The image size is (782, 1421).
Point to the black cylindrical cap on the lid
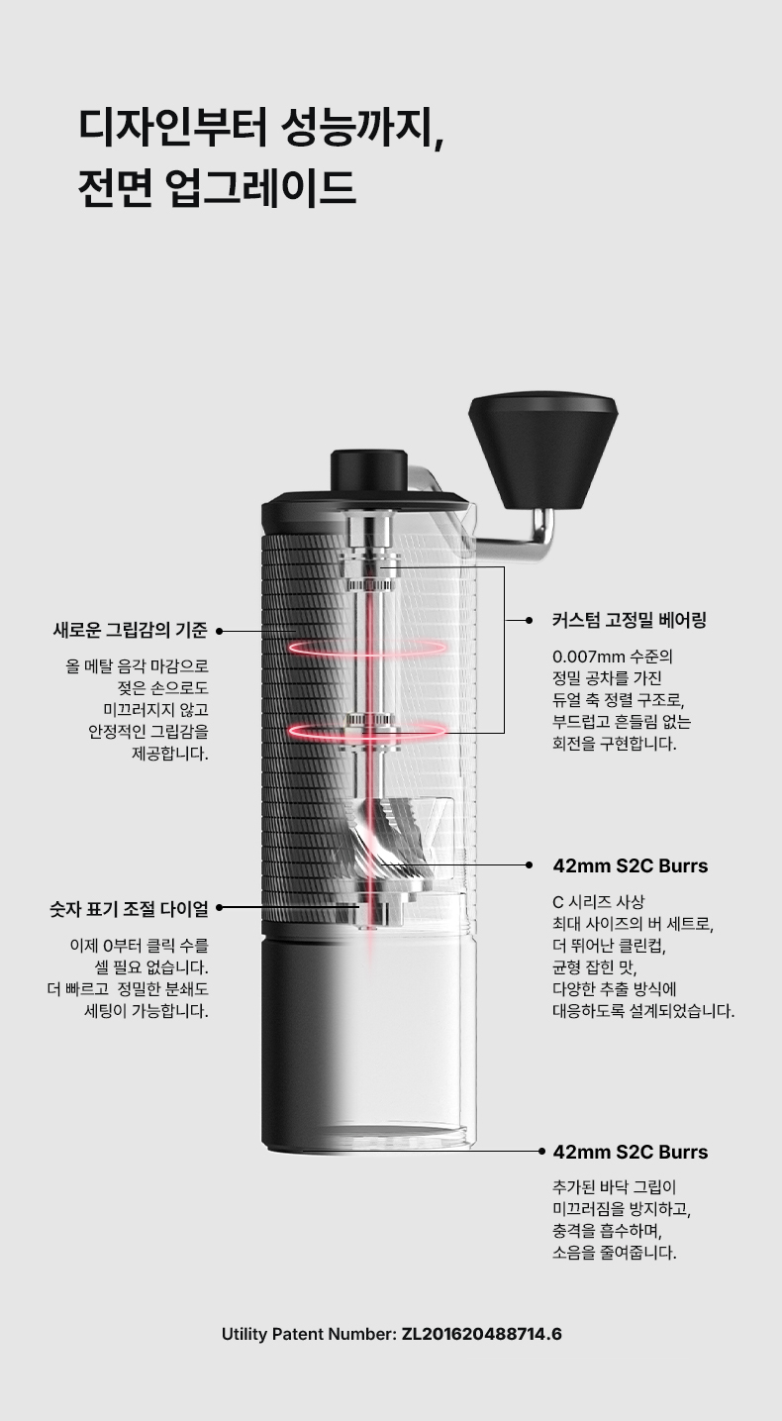369,469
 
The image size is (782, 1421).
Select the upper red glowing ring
367,647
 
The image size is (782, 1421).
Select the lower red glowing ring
367,731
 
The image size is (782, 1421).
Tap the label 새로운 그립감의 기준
130,631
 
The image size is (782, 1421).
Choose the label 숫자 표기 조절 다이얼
129,909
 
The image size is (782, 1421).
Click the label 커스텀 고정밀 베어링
630,621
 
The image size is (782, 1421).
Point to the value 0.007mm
589,656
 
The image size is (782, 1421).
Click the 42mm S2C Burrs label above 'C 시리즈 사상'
630,865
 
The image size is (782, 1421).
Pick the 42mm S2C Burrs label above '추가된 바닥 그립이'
630,1152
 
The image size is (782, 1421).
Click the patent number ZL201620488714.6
482,1334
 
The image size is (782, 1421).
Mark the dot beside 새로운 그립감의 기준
220,631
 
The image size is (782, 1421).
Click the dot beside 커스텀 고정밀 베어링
529,621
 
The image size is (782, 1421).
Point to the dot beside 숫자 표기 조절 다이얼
220,908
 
